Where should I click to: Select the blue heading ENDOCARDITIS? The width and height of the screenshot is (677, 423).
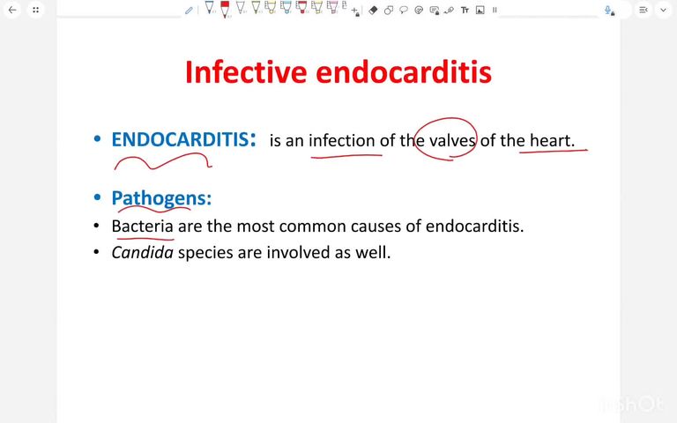[x=179, y=139]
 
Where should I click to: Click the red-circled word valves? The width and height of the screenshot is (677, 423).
[x=452, y=140]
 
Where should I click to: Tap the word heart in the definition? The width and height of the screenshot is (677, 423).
[x=551, y=140]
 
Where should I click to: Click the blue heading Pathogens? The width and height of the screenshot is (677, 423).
[x=161, y=198]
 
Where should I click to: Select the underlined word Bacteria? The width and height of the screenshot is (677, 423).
[x=143, y=226]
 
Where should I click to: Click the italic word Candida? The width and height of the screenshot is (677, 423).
[x=142, y=252]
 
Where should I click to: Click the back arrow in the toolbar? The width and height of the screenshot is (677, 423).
[x=12, y=10]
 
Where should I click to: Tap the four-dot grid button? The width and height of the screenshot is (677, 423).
[x=35, y=10]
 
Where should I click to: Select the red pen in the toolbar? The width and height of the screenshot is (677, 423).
[x=224, y=9]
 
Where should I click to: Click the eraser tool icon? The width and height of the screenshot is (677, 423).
[x=373, y=10]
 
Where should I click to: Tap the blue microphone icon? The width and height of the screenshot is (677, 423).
[x=608, y=10]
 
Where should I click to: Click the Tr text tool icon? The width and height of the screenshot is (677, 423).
[x=465, y=10]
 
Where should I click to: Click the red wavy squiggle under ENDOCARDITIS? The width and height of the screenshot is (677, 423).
[x=163, y=162]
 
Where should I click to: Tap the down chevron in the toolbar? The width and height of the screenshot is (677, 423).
[x=663, y=10]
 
